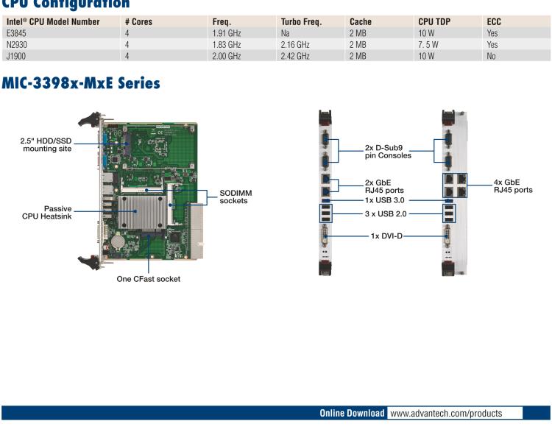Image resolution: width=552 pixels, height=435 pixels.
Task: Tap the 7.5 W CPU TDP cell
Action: point(429,45)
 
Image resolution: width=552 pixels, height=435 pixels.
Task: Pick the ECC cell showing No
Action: point(491,56)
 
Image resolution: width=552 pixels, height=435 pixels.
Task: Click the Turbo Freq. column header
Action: point(301,21)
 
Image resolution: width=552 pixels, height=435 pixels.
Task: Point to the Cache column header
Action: point(361,21)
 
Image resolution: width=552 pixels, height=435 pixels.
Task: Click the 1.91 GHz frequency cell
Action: point(226,33)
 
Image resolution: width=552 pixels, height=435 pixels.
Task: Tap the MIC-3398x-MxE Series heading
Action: point(81,83)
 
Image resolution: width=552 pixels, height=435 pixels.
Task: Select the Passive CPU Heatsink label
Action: point(48,212)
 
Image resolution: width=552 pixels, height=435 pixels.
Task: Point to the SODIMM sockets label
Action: point(236,197)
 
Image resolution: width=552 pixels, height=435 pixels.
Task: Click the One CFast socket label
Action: point(148,279)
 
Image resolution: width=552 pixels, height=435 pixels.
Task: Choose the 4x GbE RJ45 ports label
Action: point(513,185)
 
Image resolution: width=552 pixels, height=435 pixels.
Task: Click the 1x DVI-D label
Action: point(386,236)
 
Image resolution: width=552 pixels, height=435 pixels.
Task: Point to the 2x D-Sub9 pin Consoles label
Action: point(388,152)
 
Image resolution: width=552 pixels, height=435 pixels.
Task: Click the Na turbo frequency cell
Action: point(285,33)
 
